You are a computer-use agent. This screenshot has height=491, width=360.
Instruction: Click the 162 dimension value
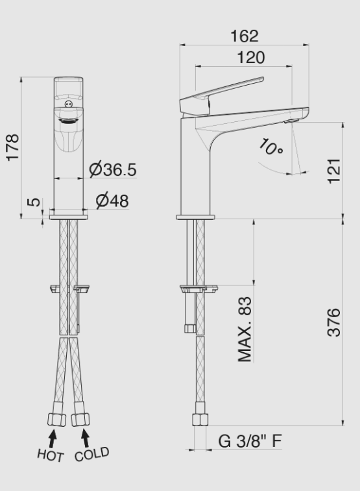coord(245,35)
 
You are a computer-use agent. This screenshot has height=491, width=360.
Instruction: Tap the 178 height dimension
coord(13,148)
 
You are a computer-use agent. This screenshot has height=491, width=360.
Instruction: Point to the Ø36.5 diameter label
coord(112,170)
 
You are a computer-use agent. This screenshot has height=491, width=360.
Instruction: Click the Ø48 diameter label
coord(112,200)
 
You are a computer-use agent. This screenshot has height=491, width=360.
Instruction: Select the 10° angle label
coord(270,147)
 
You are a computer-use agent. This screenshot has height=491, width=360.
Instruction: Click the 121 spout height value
coord(333,170)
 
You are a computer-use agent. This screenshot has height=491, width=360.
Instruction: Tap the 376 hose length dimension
coord(333,322)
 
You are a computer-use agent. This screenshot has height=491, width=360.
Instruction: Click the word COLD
coord(91,453)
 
